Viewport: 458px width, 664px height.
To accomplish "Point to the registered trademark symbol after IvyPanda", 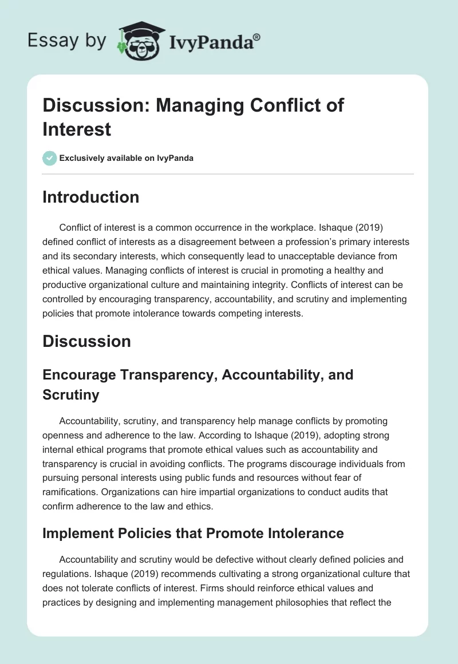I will click(x=257, y=36).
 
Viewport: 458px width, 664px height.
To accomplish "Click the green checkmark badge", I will click(x=50, y=158).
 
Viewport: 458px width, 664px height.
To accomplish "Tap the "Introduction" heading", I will click(x=90, y=197).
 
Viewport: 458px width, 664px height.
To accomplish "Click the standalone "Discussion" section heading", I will click(x=86, y=341).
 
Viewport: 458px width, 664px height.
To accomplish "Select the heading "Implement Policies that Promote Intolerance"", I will click(x=193, y=533).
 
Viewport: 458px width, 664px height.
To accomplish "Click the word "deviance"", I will click(x=373, y=256).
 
